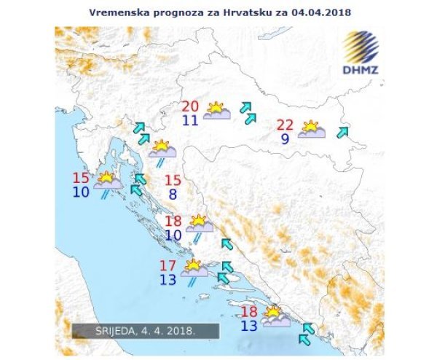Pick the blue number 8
coord(173,195)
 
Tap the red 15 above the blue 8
coord(173,180)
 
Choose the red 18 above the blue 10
coord(173,222)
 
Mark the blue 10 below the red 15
coord(82,192)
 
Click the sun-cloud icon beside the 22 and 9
coord(312,129)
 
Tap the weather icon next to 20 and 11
coord(217,111)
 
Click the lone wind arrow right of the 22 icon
coord(342,132)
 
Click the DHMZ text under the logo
coord(360,71)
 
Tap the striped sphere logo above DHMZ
coord(361,47)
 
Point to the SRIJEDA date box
coord(145,330)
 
